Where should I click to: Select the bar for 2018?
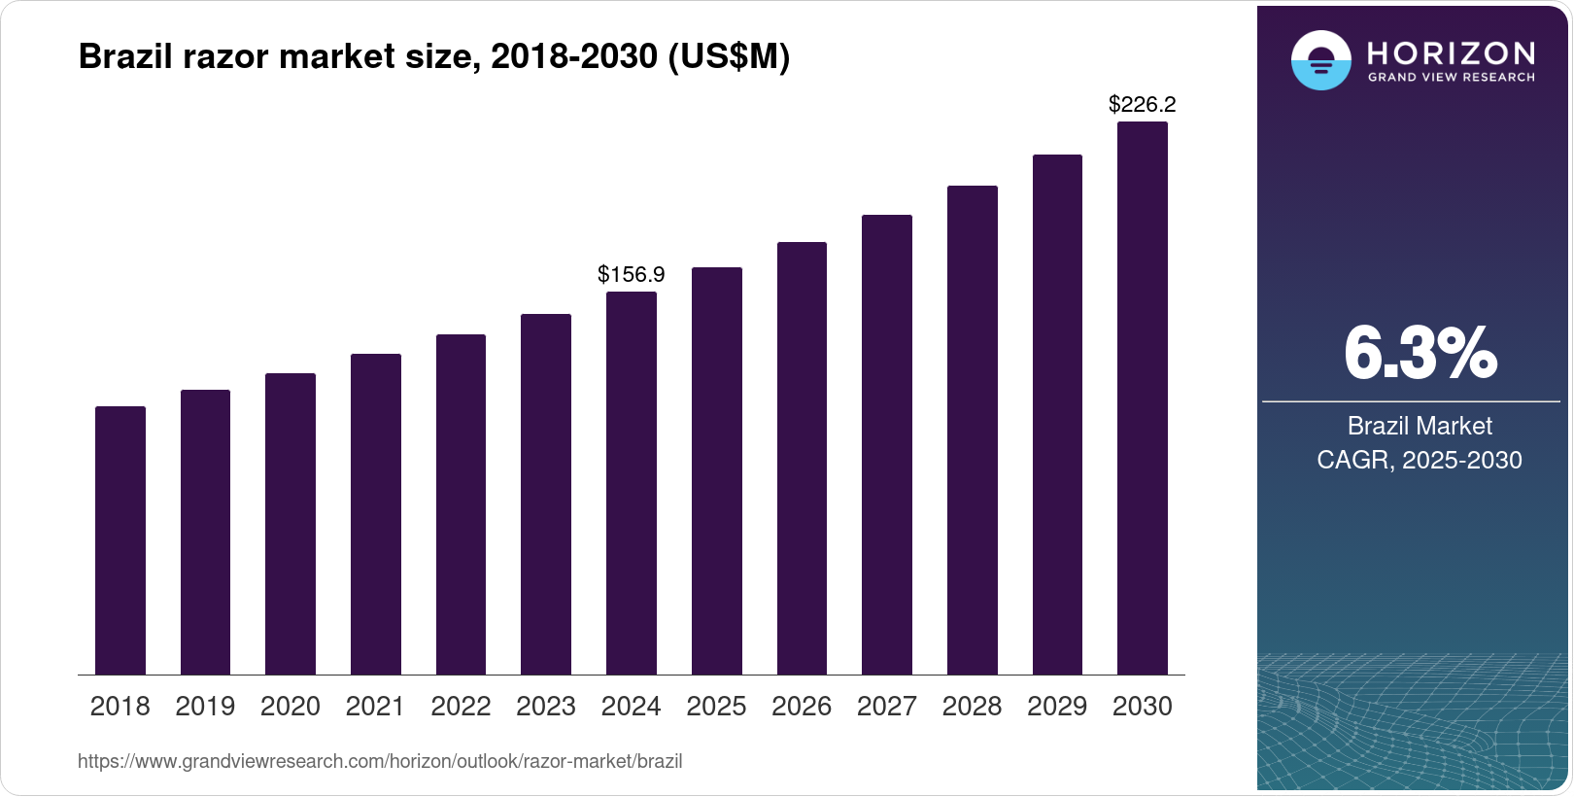pos(120,540)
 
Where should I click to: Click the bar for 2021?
pos(376,514)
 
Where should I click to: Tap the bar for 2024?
pos(632,483)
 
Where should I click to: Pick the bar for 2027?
pos(887,445)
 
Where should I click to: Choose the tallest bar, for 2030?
pos(1143,398)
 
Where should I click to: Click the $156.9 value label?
pos(632,274)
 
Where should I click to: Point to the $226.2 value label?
pos(1143,104)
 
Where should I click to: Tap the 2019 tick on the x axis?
pos(205,706)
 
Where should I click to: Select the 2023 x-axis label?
pos(546,706)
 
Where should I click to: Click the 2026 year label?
pos(802,706)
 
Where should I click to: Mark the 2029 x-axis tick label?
pos(1057,706)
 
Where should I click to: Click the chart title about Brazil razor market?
pos(433,57)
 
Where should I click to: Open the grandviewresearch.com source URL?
pos(380,761)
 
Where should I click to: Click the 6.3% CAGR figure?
pos(1420,354)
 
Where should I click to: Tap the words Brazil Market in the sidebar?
pos(1420,426)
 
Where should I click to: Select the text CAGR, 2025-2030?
pos(1420,460)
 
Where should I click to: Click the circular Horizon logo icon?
pos(1320,60)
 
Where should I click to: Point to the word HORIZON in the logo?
pos(1452,52)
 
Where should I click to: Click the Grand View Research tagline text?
pos(1452,77)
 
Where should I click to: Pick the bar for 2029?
pos(1057,415)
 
